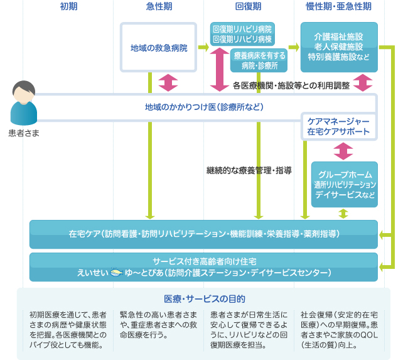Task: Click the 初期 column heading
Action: [68, 7]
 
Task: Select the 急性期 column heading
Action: [159, 7]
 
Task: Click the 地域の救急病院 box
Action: [158, 47]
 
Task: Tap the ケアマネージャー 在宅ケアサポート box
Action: [339, 126]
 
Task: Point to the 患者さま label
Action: [24, 133]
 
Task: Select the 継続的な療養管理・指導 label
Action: [249, 170]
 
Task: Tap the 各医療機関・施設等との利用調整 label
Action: [291, 85]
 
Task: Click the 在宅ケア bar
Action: [204, 234]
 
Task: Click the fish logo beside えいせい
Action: [115, 273]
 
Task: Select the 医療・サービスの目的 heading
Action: [204, 298]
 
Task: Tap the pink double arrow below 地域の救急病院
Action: [169, 82]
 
